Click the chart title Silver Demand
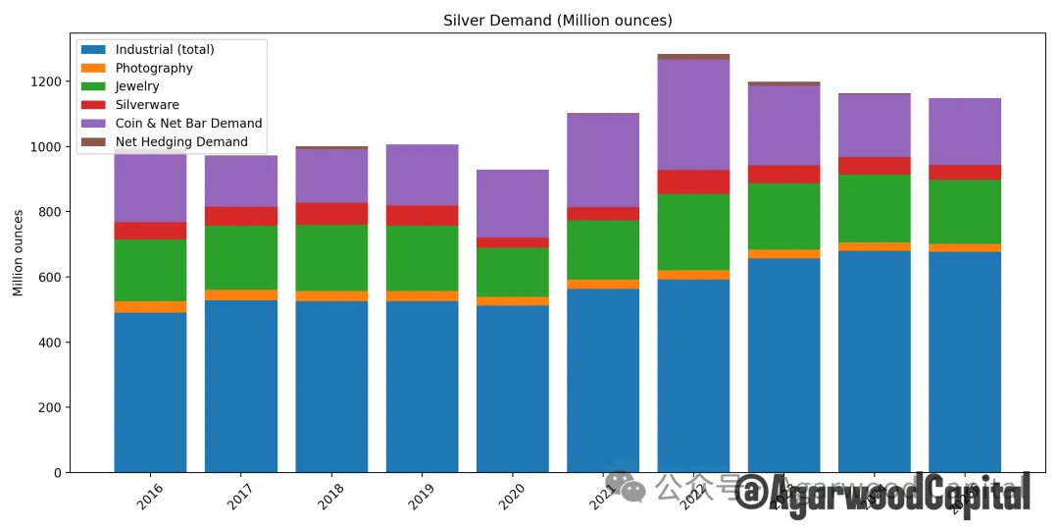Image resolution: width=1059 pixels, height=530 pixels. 557,21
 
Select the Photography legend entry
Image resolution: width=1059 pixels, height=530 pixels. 154,69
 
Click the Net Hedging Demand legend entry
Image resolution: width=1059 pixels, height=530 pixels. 181,142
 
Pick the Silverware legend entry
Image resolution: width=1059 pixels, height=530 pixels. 147,105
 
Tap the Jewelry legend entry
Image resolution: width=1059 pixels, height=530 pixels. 137,86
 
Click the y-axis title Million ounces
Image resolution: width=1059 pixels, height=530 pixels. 18,252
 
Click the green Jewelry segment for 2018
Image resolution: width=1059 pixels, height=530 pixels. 331,258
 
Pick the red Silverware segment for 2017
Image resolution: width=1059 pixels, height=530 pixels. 241,217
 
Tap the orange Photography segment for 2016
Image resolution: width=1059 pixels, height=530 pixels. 150,307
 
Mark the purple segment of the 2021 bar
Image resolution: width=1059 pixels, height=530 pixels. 603,161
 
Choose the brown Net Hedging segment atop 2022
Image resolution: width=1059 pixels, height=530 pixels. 693,57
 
